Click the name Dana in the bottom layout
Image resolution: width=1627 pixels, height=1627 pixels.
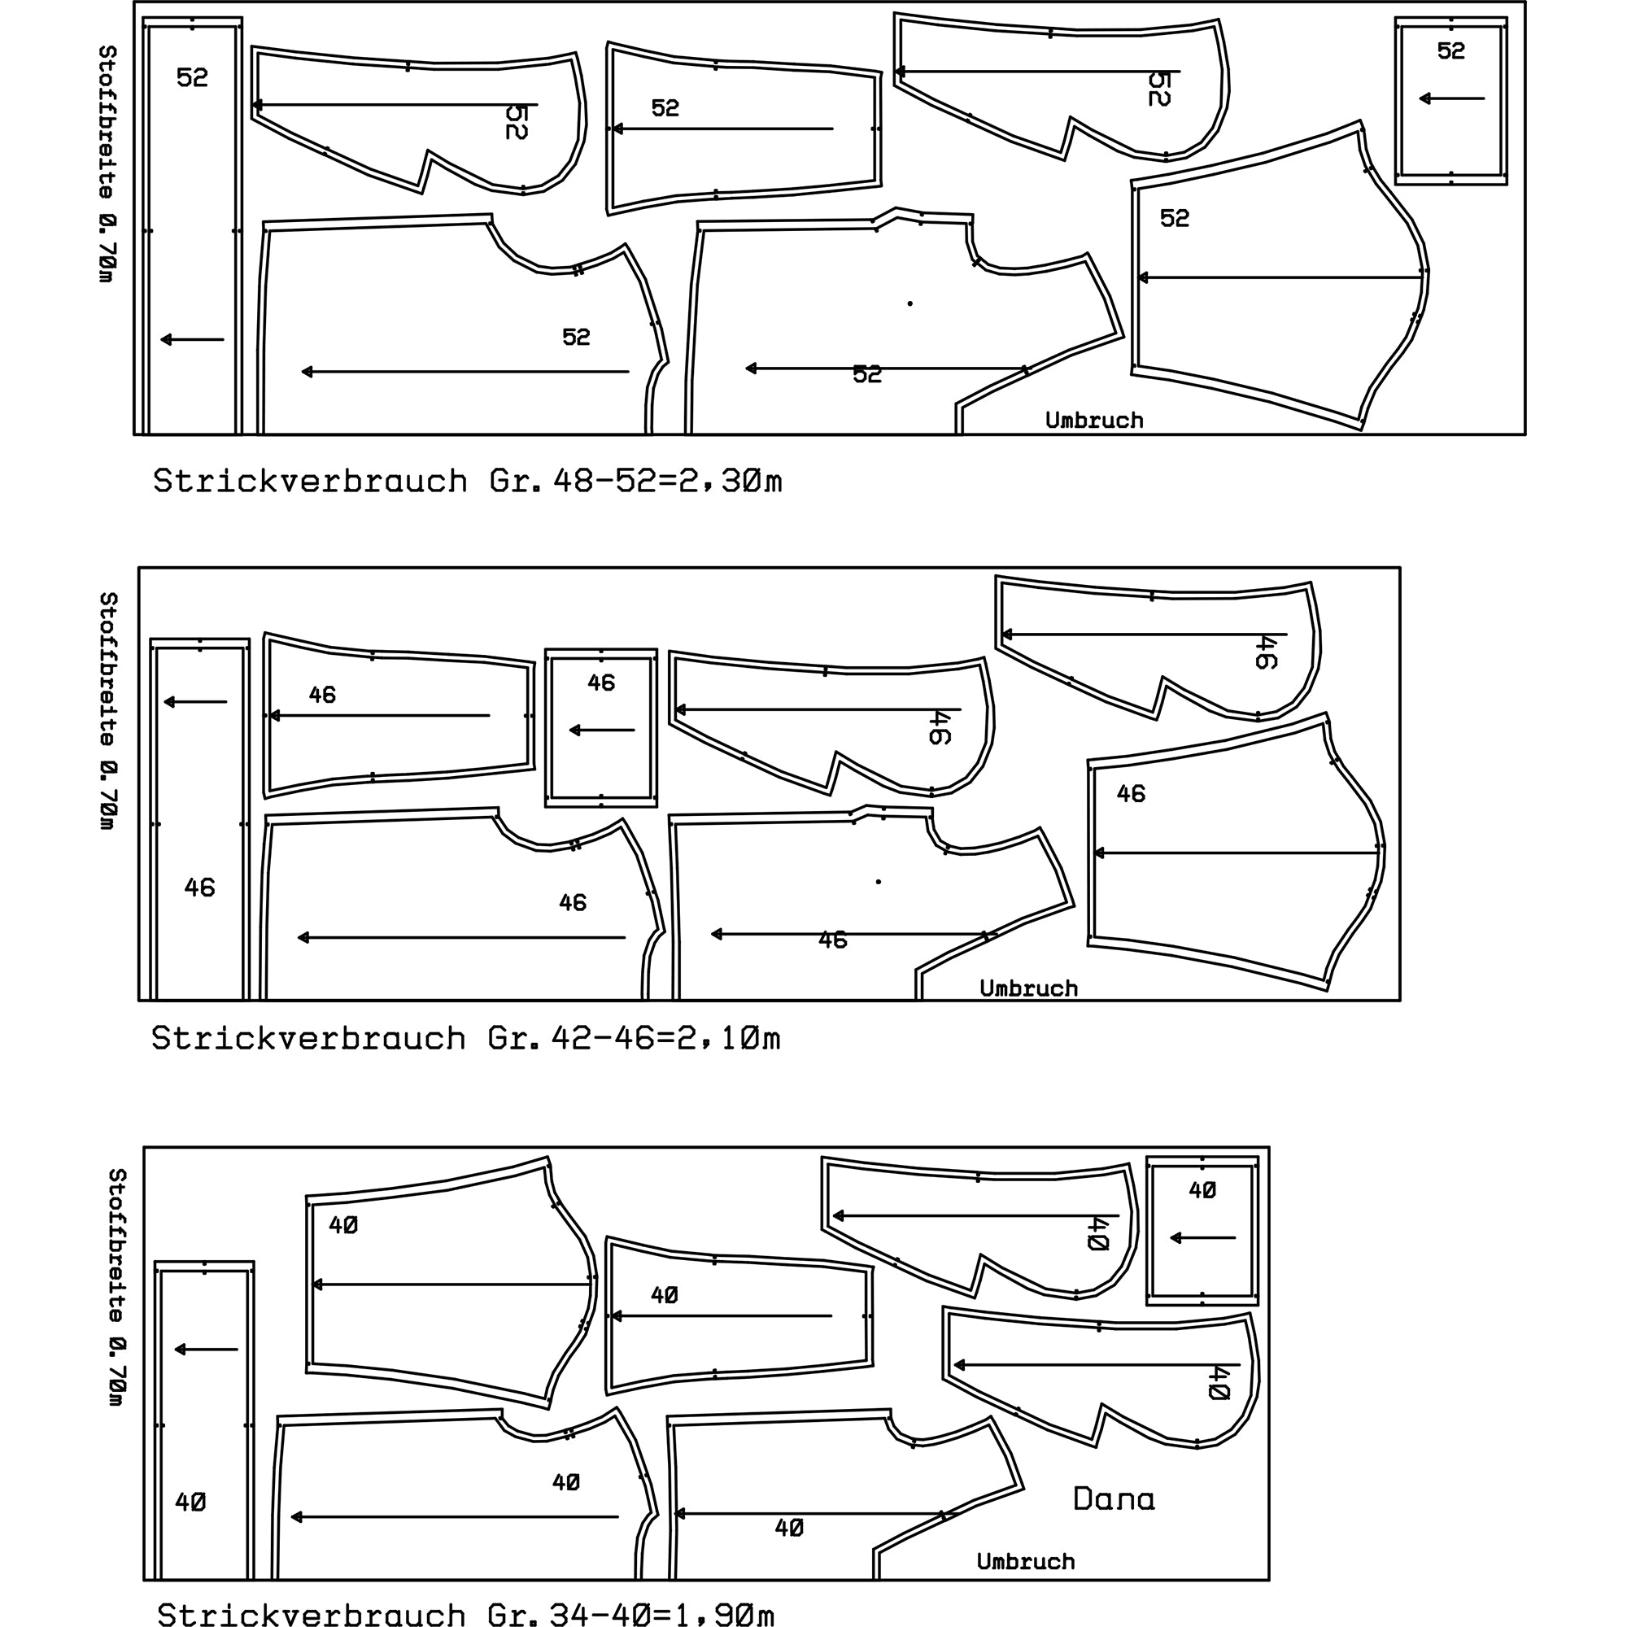pos(1114,1498)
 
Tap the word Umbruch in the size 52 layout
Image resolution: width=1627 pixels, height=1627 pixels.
pos(1094,421)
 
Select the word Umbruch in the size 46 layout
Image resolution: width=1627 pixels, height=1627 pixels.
pos(1028,988)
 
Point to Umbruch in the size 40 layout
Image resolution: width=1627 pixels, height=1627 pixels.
pos(1026,1561)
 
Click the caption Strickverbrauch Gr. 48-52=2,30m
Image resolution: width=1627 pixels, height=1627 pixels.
pos(468,481)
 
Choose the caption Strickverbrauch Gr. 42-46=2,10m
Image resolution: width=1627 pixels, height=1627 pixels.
pos(465,1038)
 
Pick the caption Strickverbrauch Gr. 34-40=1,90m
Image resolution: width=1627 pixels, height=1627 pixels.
pos(465,1613)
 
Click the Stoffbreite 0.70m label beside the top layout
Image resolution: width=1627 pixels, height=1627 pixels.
pos(107,164)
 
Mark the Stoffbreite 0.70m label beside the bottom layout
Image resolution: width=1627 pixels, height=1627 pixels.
pos(117,1287)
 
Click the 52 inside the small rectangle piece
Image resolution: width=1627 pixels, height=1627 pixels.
pos(1451,51)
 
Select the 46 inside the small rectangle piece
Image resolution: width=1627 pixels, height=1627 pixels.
pos(601,683)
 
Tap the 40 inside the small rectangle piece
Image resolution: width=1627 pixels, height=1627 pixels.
pos(1202,1190)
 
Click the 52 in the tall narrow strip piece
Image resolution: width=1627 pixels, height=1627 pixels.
pos(192,77)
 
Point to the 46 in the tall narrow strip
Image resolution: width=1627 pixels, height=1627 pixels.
pos(199,888)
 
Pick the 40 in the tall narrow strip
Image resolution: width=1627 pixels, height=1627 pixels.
pos(190,1502)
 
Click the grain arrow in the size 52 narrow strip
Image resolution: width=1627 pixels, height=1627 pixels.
pos(192,339)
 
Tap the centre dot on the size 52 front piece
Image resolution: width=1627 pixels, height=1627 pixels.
pos(909,303)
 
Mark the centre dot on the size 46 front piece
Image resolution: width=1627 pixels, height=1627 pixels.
pos(879,882)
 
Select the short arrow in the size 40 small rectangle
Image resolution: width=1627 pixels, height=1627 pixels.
pos(1202,1238)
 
